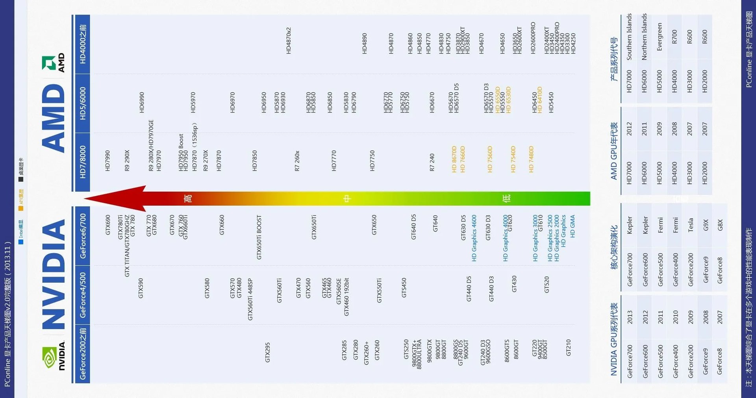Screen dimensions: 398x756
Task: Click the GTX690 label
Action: [x=108, y=225]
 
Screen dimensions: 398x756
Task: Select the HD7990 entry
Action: [x=108, y=161]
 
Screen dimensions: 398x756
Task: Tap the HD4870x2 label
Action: [x=289, y=41]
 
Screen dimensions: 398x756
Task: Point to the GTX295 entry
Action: [x=268, y=352]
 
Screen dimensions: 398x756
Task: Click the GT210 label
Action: [x=568, y=348]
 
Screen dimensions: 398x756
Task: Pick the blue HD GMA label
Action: [x=573, y=226]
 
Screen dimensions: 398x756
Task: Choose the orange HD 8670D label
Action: [x=454, y=159]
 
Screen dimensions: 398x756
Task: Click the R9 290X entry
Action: [x=127, y=160]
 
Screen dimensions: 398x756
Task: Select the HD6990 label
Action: [x=142, y=102]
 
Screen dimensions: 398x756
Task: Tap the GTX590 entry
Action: [x=141, y=288]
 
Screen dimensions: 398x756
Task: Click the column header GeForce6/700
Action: [x=83, y=236]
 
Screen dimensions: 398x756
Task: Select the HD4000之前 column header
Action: [x=83, y=44]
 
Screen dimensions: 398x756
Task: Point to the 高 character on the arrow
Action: [x=188, y=198]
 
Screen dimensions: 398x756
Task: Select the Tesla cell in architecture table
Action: [x=690, y=225]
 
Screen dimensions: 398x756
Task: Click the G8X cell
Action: [x=720, y=225]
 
